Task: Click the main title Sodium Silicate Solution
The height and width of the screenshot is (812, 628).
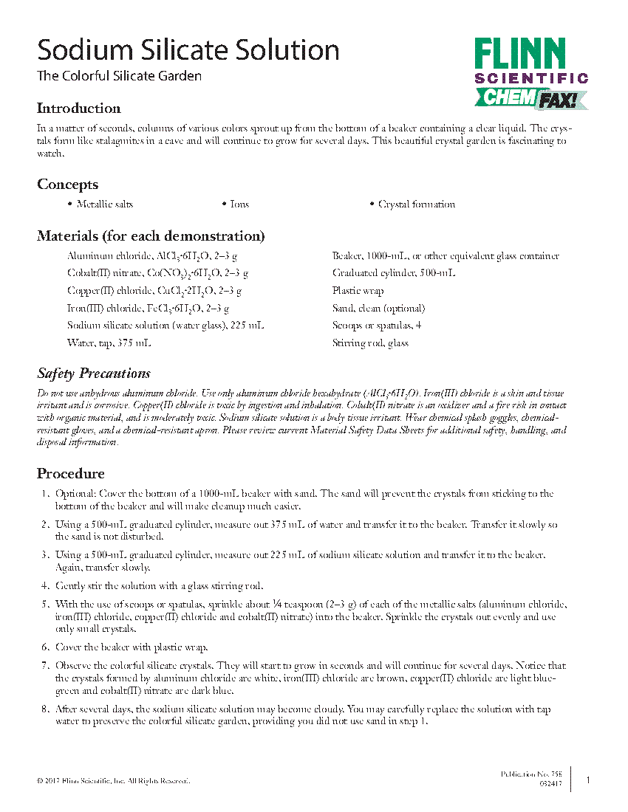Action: coord(188,51)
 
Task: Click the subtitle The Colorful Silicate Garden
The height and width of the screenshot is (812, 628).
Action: coord(119,76)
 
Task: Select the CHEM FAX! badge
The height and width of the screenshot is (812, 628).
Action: coord(530,97)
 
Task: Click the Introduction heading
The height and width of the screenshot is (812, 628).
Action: coord(78,109)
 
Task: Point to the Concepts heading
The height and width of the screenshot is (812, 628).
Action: coord(67,185)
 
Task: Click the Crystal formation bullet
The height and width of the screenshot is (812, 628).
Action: coord(416,204)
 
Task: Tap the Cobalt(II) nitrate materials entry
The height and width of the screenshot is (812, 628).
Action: coord(157,273)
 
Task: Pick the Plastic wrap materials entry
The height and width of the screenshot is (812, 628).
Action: coord(358,291)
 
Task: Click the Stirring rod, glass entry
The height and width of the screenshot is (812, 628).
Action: coord(370,343)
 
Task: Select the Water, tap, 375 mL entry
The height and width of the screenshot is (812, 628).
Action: coord(109,343)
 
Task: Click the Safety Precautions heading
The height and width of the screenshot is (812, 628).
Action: coord(94,374)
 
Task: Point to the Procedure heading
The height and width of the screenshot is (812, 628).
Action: coord(70,474)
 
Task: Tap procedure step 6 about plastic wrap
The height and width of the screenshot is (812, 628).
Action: coord(132,647)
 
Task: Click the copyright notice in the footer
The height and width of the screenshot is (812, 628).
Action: coord(113,780)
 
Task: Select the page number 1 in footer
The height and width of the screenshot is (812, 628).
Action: coord(588,780)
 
